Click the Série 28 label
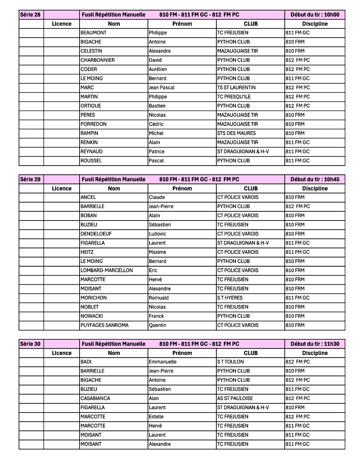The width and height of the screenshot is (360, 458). [30, 15]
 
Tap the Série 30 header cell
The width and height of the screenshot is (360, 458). [30, 344]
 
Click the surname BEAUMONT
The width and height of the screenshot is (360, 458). [94, 33]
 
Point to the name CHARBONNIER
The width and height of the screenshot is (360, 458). [98, 60]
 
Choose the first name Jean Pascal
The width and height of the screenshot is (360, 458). [162, 88]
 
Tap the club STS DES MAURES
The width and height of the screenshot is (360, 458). [236, 133]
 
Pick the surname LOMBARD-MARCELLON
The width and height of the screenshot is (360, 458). [107, 271]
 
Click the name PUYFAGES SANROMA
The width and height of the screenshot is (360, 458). [104, 326]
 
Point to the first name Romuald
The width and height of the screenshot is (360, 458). [159, 298]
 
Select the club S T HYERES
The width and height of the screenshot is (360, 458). [230, 298]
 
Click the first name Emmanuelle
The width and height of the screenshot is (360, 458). [163, 362]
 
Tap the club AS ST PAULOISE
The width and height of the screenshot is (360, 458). [235, 398]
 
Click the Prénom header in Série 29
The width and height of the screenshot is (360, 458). [182, 188]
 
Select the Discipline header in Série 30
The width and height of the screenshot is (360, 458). [315, 353]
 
